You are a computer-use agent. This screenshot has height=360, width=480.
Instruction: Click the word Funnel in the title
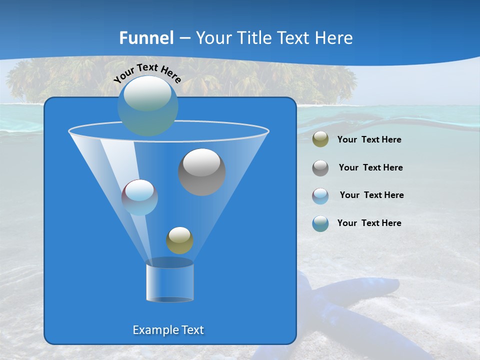point(146,38)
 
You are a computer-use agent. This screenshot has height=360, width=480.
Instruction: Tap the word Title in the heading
point(254,38)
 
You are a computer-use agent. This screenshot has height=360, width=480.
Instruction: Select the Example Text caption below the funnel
point(168,330)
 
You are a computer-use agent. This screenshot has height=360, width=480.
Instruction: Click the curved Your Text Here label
point(147,72)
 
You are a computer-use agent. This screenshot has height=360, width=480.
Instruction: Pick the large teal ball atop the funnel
point(147,105)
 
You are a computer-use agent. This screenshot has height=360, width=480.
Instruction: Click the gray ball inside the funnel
point(201,171)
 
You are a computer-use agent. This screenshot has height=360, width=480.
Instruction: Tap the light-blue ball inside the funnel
point(139,197)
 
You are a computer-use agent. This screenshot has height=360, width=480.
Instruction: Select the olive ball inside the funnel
point(179,240)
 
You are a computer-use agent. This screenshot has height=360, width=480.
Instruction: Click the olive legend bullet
point(320,139)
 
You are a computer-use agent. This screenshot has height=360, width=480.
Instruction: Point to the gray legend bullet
point(320,167)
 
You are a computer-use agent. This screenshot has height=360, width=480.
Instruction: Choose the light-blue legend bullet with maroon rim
point(320,195)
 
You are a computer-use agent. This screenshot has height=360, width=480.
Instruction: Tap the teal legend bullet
point(320,223)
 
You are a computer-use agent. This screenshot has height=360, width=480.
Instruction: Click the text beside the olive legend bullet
point(369,140)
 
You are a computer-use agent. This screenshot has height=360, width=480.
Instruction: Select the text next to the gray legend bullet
point(370,168)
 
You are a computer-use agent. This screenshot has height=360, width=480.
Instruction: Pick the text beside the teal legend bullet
point(369,223)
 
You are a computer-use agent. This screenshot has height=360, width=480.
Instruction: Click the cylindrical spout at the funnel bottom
point(169,282)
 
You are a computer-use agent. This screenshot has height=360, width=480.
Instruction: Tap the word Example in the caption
point(152,330)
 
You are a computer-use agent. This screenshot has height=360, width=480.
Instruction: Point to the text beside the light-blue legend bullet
point(371,195)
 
